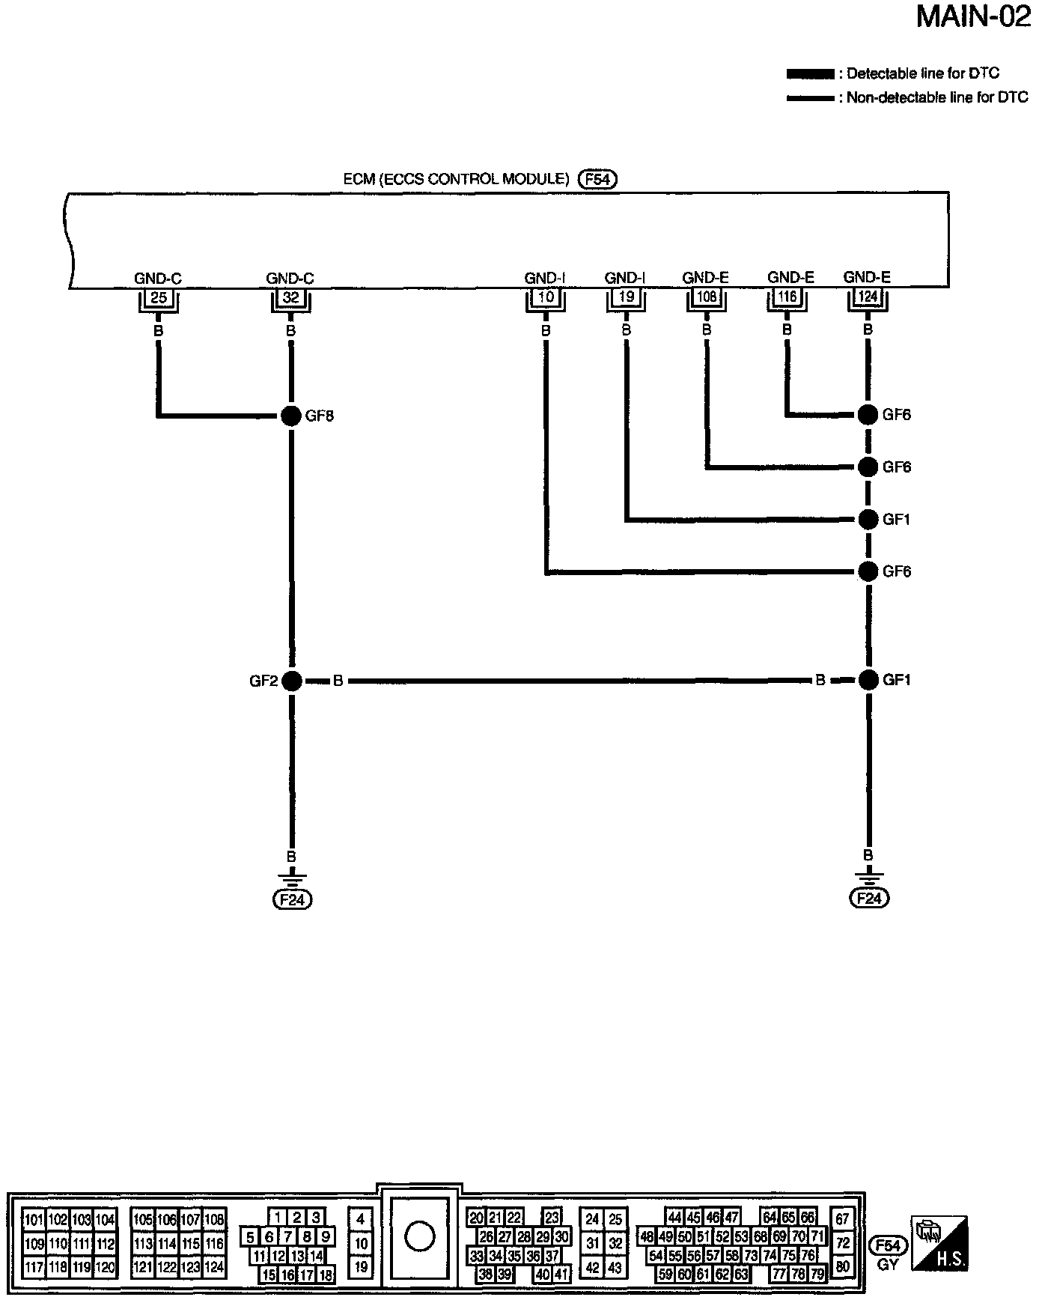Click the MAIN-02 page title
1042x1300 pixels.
[x=973, y=16]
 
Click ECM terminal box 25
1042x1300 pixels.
[x=158, y=297]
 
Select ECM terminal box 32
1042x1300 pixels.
[x=290, y=297]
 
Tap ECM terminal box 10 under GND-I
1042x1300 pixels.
[x=546, y=297]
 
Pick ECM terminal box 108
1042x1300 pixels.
[x=706, y=297]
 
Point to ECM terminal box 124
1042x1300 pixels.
[x=868, y=297]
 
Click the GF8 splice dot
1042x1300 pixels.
[x=290, y=416]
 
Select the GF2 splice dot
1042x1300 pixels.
[x=292, y=681]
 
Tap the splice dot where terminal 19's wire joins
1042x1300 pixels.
[x=868, y=519]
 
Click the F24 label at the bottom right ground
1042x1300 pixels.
[x=868, y=899]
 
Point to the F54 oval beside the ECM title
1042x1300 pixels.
[x=597, y=180]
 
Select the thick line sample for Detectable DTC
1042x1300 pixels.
[x=810, y=74]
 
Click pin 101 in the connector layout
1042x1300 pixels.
[x=34, y=1220]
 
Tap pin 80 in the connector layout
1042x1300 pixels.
[x=843, y=1268]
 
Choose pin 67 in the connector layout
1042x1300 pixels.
[x=843, y=1220]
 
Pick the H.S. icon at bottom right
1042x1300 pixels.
[x=939, y=1244]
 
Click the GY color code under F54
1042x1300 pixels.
[x=888, y=1266]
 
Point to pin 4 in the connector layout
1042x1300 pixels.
[x=361, y=1220]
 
